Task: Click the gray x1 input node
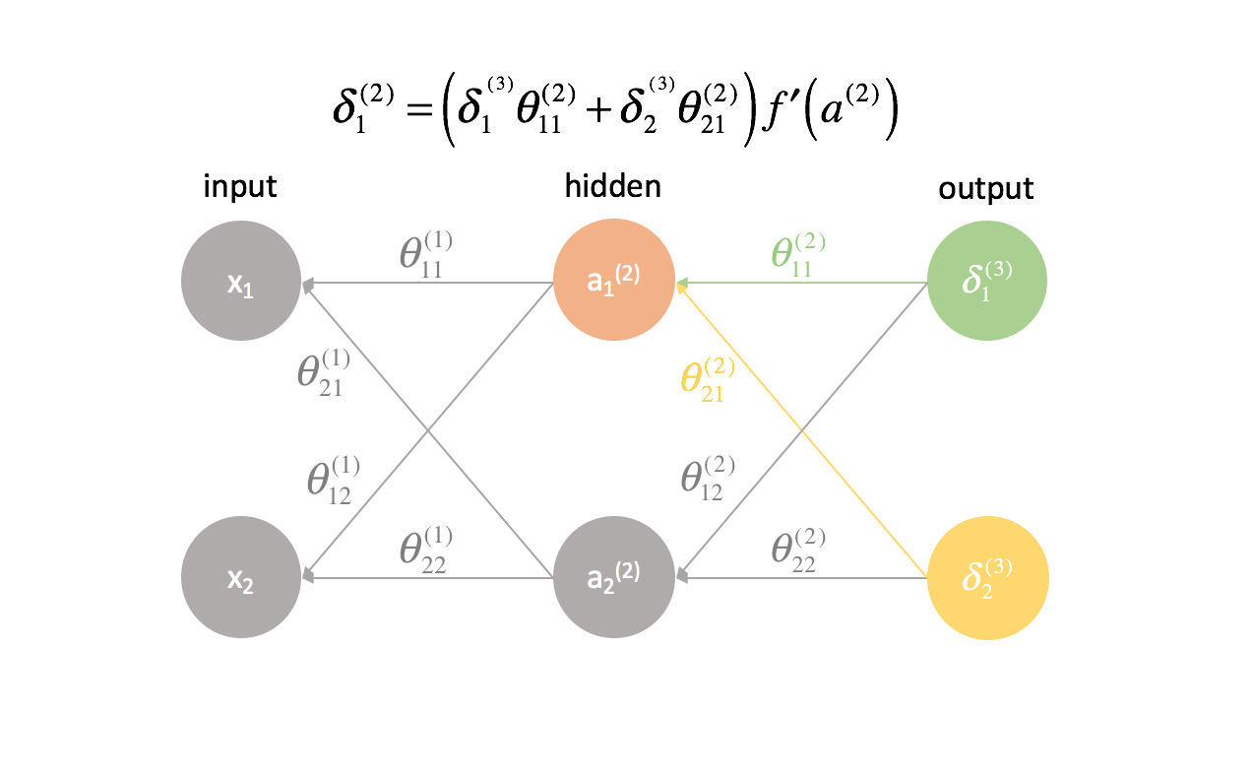[x=240, y=282]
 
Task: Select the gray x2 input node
[x=240, y=580]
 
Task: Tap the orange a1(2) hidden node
[x=614, y=282]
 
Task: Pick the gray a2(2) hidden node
[x=614, y=580]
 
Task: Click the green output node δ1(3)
[x=987, y=282]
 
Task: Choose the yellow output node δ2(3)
[x=987, y=580]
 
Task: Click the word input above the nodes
[x=239, y=188]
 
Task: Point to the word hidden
[x=612, y=188]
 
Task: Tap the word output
[x=985, y=188]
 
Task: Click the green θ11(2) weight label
[x=798, y=254]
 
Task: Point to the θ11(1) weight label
[x=425, y=254]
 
